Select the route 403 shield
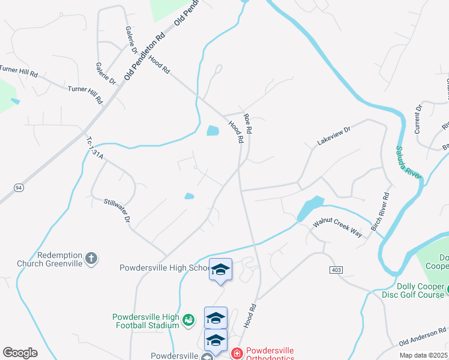tap(336, 271)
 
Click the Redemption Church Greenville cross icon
tap(91, 259)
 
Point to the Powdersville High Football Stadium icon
tap(188, 320)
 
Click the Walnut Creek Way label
tap(337, 231)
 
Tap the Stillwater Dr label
tap(117, 211)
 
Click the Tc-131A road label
tap(95, 148)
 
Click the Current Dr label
tap(418, 118)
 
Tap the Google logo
tap(20, 353)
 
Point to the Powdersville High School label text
tap(164, 268)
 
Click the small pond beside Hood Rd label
tap(212, 130)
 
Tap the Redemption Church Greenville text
tap(50, 259)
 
